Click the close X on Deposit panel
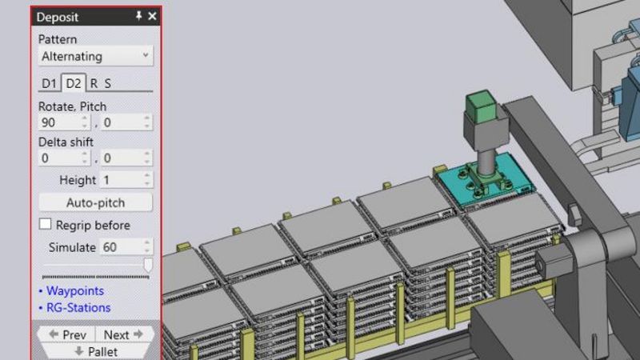coord(152,16)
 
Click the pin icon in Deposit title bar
coord(138,16)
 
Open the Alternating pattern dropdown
coord(96,56)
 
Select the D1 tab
coord(50,82)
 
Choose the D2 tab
coord(74,82)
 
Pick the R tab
coord(94,82)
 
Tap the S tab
coord(107,82)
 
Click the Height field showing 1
coord(120,180)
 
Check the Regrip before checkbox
coord(46,225)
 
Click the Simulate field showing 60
coord(119,247)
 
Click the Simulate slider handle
coord(148,265)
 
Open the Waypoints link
coord(74,290)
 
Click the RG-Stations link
coord(78,307)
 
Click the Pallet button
coord(96,351)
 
